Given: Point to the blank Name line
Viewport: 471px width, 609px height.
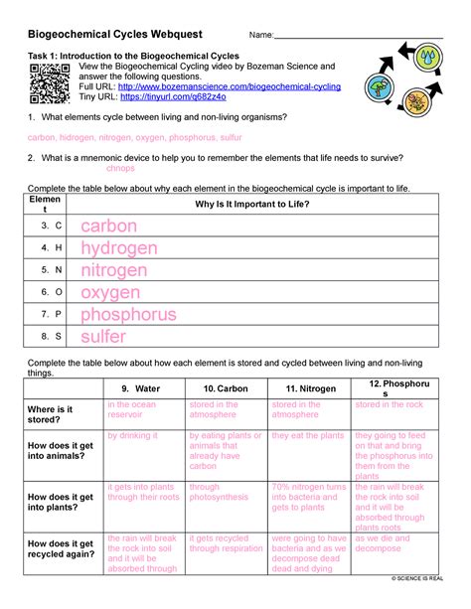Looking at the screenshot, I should coord(358,37).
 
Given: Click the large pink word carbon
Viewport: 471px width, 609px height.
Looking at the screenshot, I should coord(108,227).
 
